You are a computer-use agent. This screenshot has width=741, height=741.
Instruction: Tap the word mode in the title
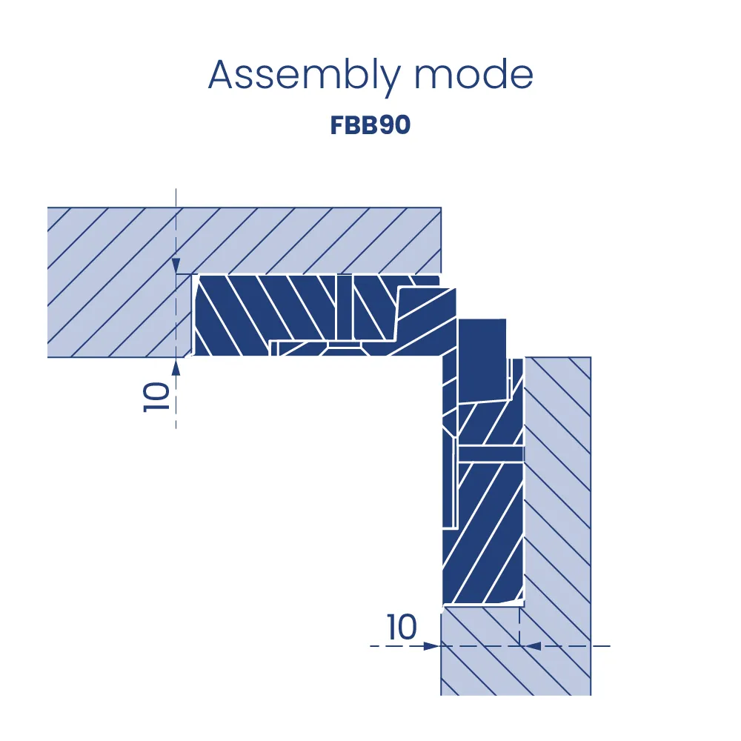pyautogui.click(x=474, y=75)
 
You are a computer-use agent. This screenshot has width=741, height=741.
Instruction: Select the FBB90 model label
pyautogui.click(x=370, y=125)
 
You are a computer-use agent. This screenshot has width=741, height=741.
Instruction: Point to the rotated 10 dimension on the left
pyautogui.click(x=156, y=397)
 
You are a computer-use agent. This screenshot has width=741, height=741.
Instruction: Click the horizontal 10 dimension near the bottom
pyautogui.click(x=402, y=627)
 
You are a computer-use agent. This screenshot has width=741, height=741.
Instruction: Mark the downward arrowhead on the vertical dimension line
pyautogui.click(x=176, y=265)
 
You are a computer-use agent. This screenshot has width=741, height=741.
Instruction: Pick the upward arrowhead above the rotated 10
pyautogui.click(x=176, y=367)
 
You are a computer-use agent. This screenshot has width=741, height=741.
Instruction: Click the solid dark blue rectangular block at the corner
pyautogui.click(x=482, y=361)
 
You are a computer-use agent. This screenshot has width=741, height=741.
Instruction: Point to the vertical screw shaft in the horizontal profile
pyautogui.click(x=345, y=308)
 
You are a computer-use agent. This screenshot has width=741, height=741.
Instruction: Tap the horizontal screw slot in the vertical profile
pyautogui.click(x=491, y=453)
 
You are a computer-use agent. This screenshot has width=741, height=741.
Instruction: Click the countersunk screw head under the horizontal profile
pyautogui.click(x=345, y=349)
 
